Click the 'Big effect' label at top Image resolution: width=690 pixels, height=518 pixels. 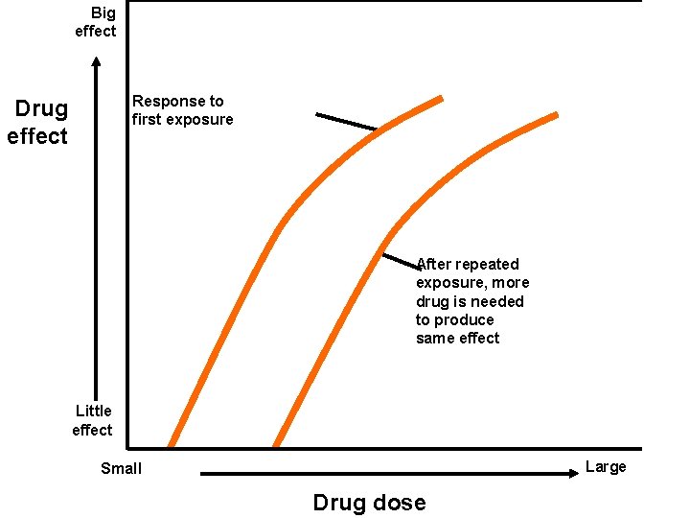[96, 22]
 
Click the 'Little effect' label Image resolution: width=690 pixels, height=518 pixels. [93, 420]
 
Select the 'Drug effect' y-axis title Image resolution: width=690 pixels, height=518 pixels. [38, 123]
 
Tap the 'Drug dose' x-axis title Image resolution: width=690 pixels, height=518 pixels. [369, 503]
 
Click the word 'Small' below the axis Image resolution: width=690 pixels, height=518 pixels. [121, 468]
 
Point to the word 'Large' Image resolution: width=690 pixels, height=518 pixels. [605, 467]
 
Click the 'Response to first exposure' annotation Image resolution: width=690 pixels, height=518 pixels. [182, 110]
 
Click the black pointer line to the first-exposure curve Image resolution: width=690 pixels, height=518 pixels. [346, 122]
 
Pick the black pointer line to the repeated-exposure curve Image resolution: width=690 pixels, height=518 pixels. [401, 260]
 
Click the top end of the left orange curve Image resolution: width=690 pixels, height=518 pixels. [440, 99]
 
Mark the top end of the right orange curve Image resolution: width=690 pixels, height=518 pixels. [556, 115]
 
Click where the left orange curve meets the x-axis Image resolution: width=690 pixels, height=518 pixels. [172, 445]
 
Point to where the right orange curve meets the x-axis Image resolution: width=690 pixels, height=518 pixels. [276, 445]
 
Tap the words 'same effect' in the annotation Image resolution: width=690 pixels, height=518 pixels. [457, 339]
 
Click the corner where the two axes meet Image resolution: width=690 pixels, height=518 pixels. [127, 447]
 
